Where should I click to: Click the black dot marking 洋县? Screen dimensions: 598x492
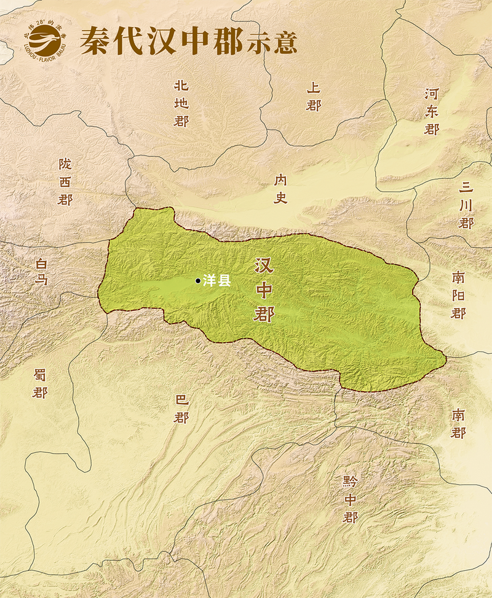197,281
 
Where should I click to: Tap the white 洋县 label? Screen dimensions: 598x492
217,281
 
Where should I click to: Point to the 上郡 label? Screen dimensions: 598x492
314,97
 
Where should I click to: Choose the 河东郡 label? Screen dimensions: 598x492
432,111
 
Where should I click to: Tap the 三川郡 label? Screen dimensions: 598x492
466,205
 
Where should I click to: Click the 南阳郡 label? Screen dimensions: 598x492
458,295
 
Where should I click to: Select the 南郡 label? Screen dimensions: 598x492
458,423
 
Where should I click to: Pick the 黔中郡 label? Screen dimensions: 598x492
350,499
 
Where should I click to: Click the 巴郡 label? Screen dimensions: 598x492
181,409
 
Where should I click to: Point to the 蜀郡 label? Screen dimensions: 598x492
40,383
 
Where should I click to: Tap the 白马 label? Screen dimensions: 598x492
41,271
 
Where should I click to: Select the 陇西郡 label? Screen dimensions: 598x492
65,181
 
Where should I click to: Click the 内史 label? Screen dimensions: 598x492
281,188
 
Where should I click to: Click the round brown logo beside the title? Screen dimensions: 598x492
42,39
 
